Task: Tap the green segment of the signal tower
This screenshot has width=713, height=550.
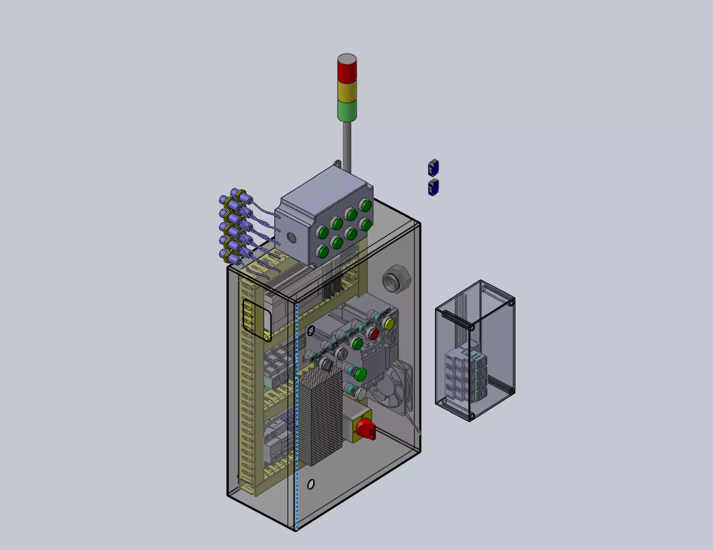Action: tap(347, 111)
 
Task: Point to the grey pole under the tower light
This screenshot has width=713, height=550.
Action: tap(347, 146)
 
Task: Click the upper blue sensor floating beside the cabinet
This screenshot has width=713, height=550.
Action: tap(433, 168)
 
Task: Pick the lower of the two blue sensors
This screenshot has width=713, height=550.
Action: tap(433, 188)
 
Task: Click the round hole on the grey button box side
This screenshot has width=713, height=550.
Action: tap(291, 238)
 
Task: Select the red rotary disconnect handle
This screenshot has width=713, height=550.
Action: tap(366, 428)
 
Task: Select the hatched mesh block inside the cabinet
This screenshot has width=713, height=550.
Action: tap(320, 417)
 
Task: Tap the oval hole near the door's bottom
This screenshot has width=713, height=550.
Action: tap(311, 484)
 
